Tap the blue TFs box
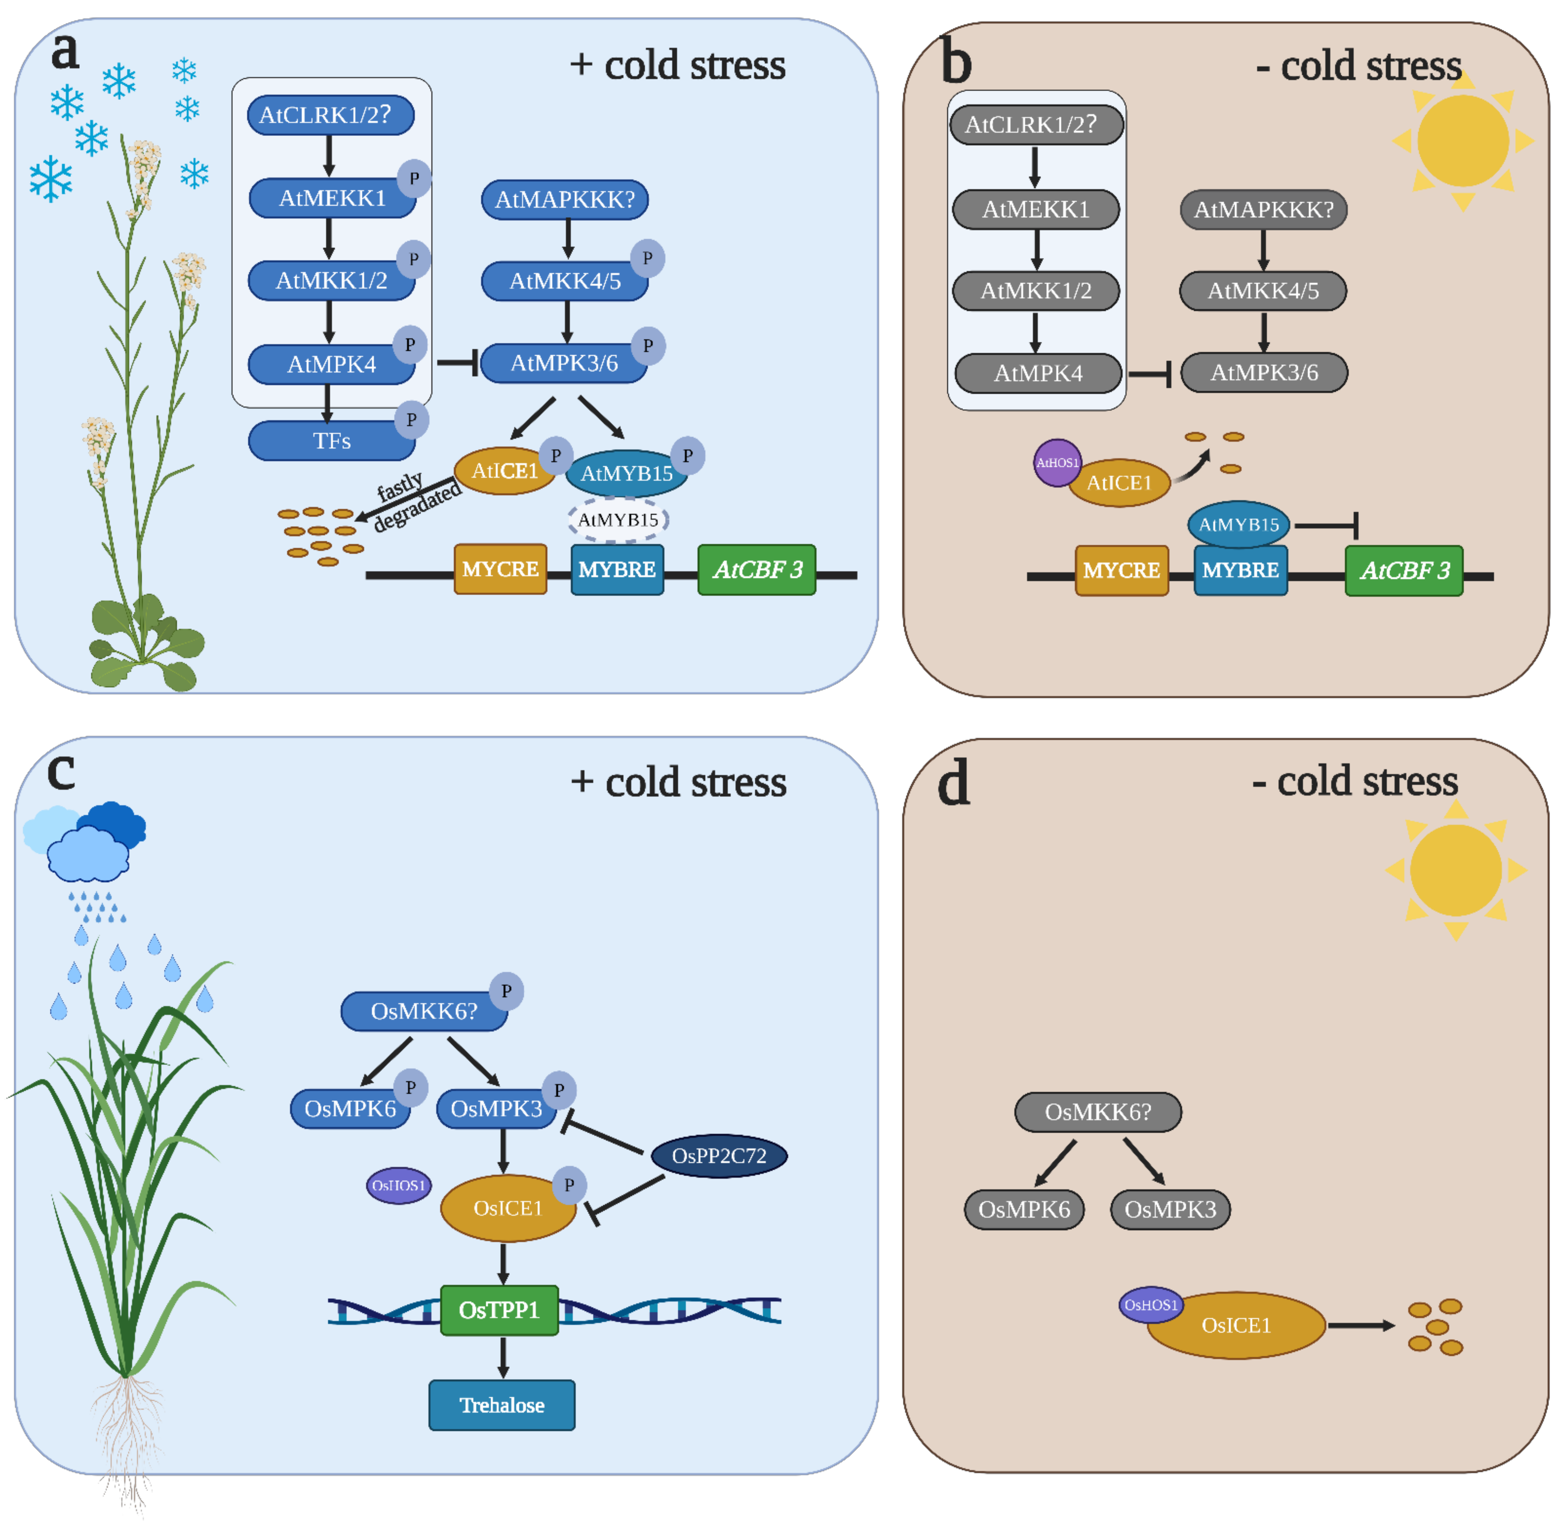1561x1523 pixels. (x=331, y=441)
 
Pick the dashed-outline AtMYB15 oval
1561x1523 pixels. (x=618, y=520)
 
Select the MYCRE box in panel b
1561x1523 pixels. (x=1121, y=570)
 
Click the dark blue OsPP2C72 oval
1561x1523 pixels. (x=719, y=1156)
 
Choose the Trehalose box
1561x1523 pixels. (x=502, y=1405)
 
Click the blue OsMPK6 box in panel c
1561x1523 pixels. (x=350, y=1109)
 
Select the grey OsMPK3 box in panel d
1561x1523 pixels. (x=1170, y=1209)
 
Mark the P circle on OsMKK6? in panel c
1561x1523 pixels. (x=506, y=991)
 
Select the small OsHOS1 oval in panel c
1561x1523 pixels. (x=399, y=1186)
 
